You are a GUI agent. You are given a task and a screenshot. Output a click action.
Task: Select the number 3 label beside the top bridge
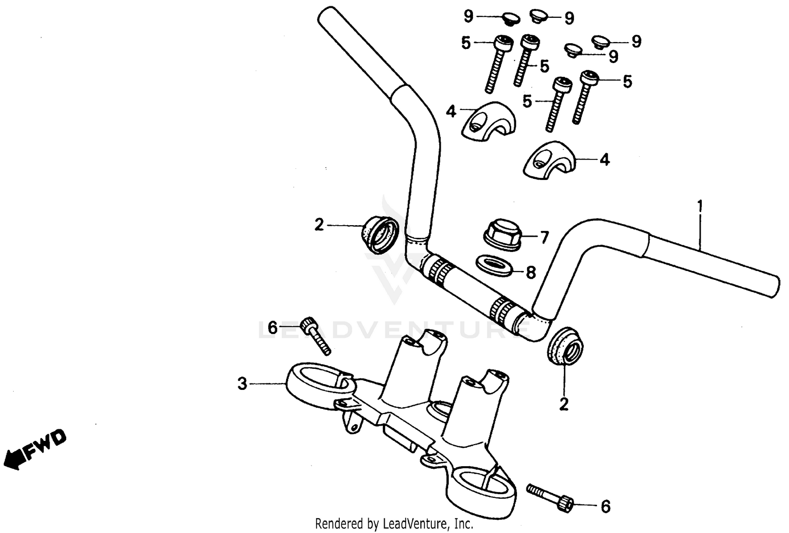coord(241,384)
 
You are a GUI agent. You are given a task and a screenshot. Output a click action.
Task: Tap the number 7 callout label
coord(544,238)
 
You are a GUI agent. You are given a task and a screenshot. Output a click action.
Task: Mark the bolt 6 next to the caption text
coord(550,497)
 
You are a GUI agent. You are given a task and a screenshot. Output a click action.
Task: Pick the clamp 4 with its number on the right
coord(550,159)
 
